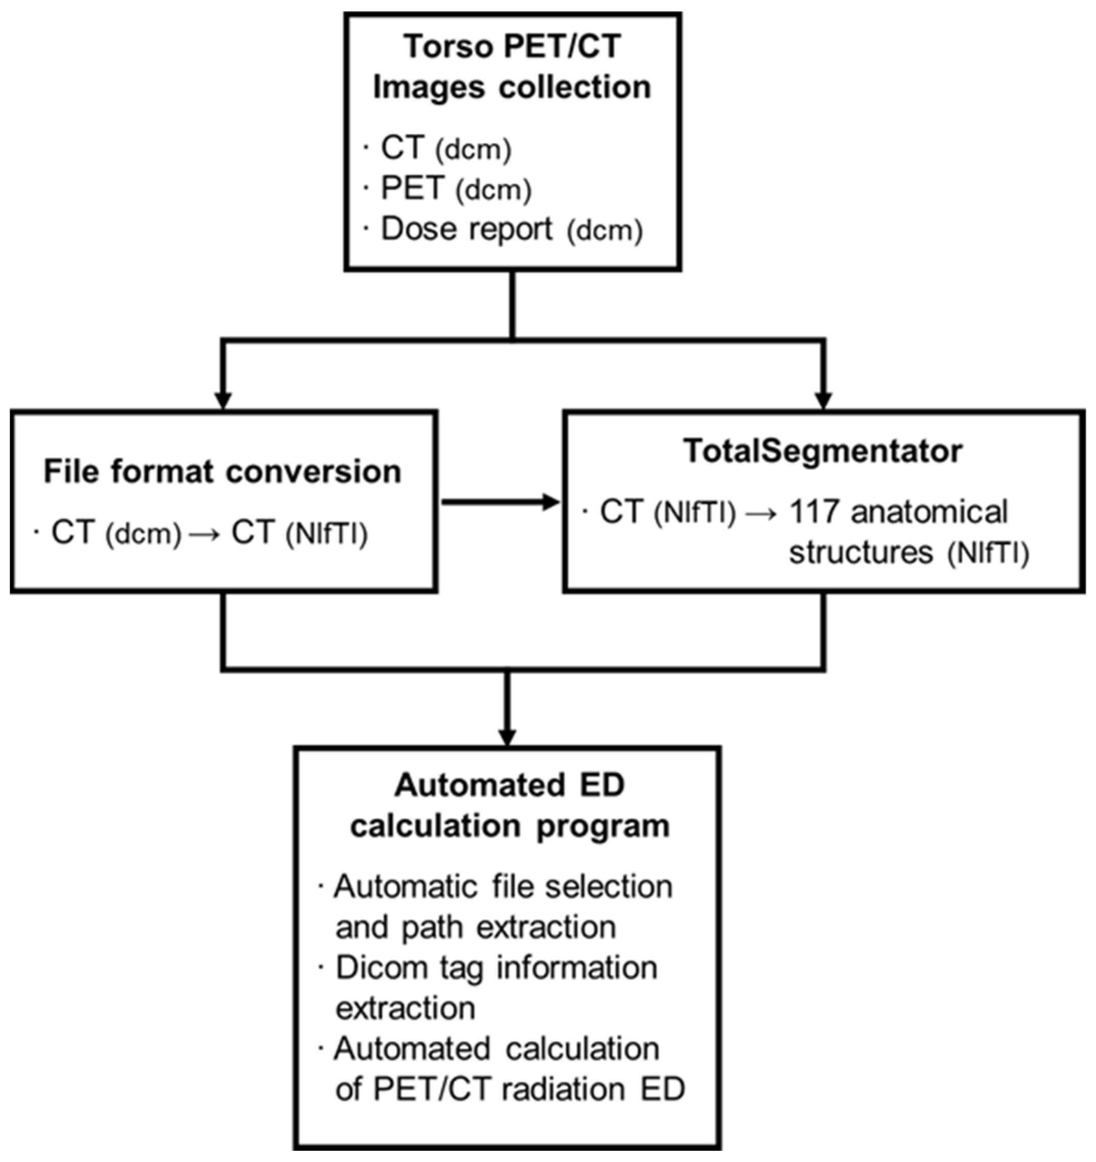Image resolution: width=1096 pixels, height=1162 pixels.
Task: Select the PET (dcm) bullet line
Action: point(456,189)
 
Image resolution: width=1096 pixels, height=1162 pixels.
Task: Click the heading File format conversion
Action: point(223,472)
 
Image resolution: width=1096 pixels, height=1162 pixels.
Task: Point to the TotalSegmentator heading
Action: point(823,450)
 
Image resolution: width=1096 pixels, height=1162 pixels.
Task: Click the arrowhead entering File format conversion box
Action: point(223,400)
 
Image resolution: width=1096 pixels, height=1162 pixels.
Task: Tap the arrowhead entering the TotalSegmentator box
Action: point(824,400)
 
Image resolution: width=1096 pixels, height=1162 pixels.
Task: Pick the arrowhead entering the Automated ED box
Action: point(507,737)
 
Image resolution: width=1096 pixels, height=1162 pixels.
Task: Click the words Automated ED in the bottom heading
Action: point(509,785)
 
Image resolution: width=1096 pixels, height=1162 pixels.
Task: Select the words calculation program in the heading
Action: point(509,826)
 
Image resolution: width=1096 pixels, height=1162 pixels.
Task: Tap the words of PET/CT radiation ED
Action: point(509,1089)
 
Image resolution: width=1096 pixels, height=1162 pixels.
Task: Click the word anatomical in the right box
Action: point(929,512)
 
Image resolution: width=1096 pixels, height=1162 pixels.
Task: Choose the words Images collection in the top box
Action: point(512,87)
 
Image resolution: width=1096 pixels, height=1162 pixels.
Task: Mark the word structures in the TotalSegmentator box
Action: point(860,552)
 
